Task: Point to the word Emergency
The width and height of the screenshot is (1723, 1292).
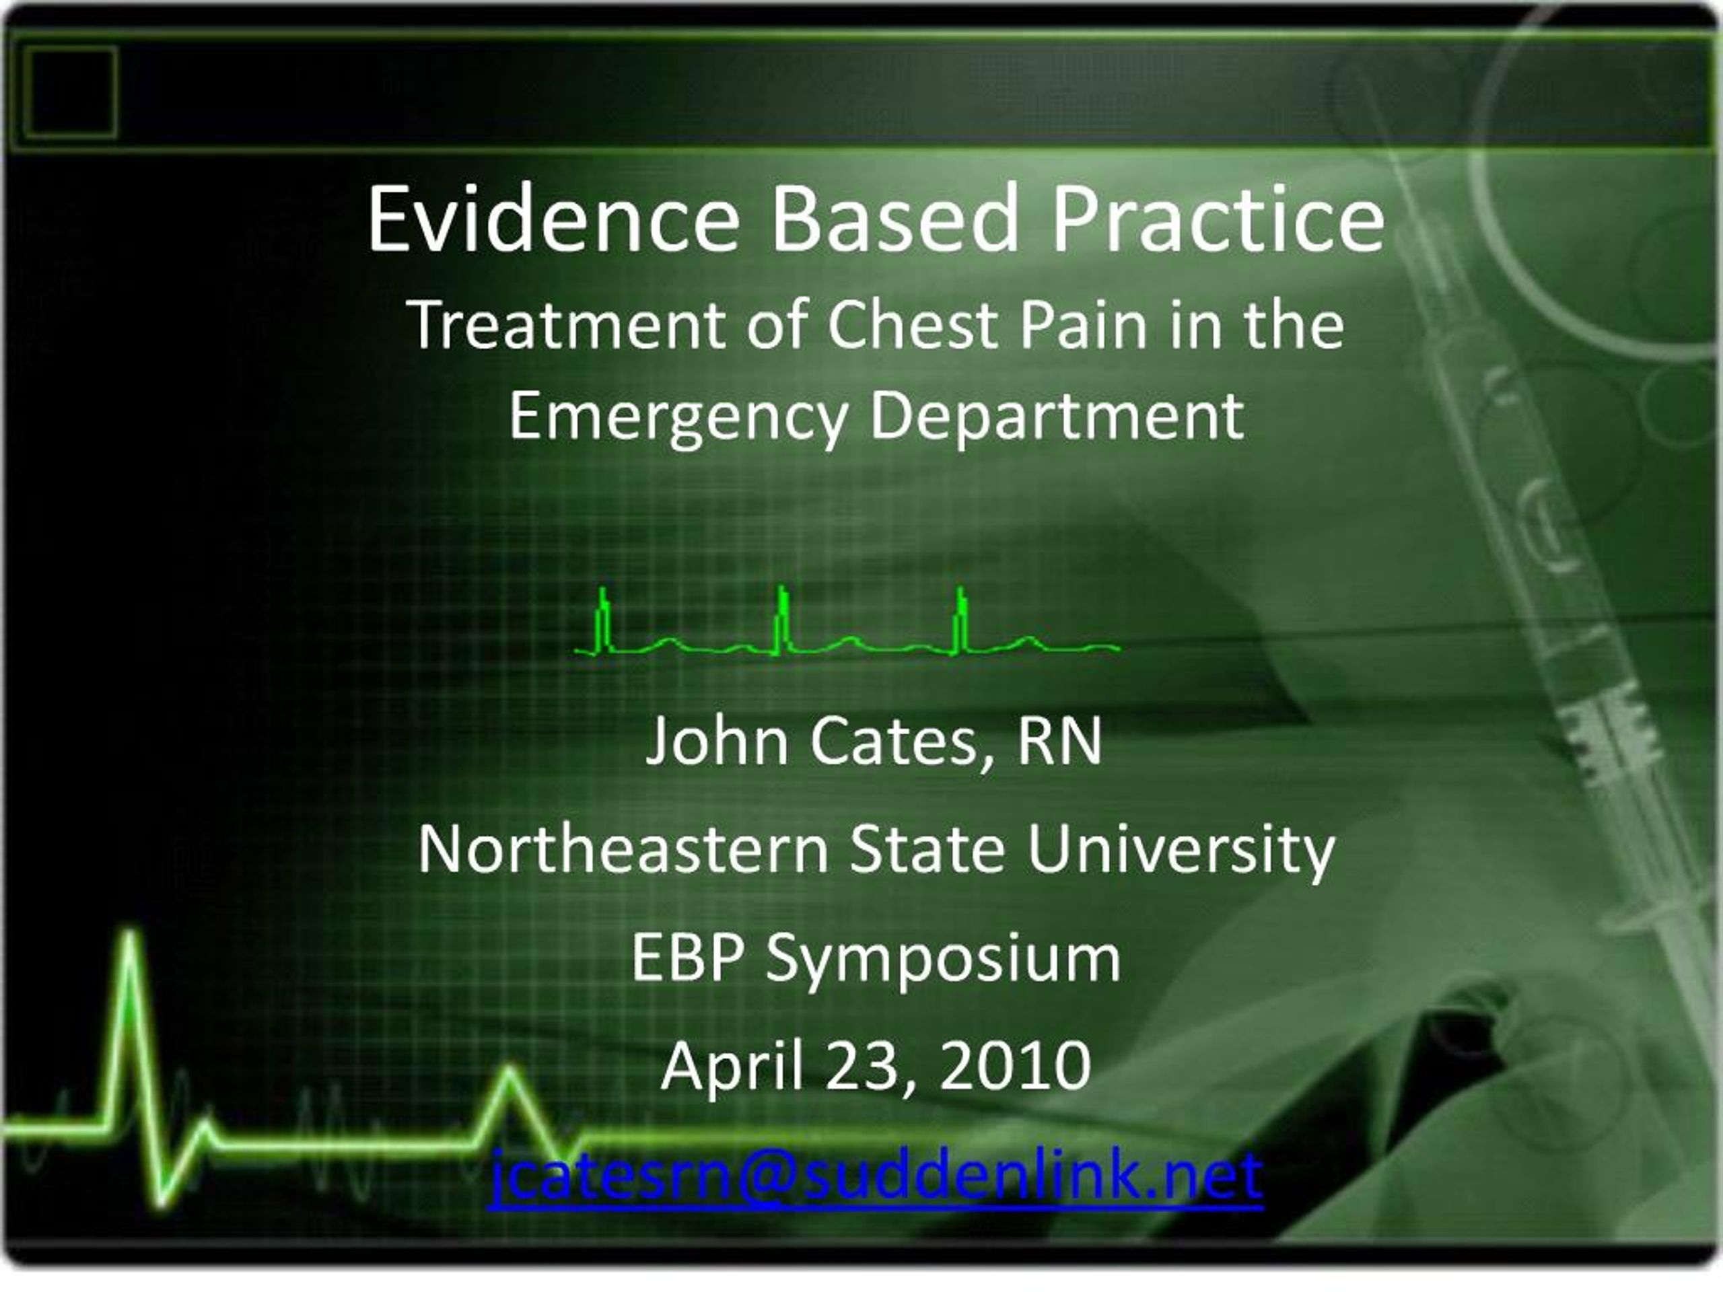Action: pos(678,417)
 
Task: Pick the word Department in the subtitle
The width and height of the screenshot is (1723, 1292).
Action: pos(1056,417)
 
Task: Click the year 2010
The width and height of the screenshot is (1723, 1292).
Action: pos(1015,1066)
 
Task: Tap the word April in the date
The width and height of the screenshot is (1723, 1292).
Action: pos(732,1066)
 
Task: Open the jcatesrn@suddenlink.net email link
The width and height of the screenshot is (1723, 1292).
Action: pos(876,1175)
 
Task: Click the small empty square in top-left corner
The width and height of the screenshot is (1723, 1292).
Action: pos(70,92)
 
